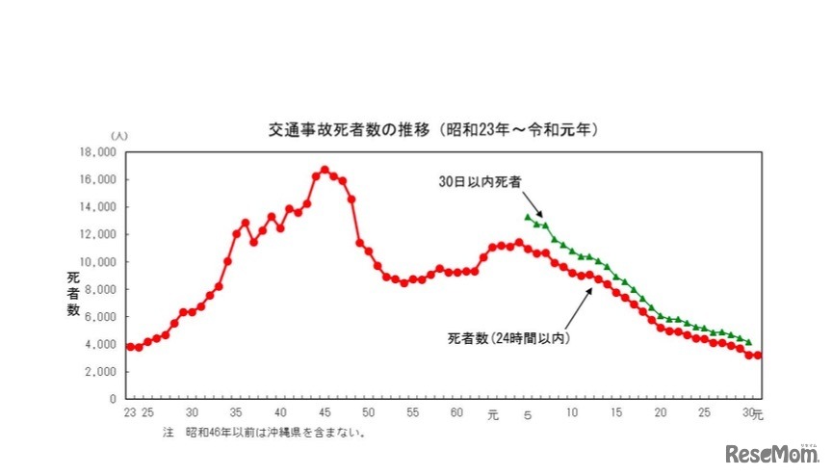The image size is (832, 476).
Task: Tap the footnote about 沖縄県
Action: pos(264,433)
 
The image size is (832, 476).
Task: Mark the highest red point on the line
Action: pos(325,170)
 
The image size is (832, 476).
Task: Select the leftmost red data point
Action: pos(130,346)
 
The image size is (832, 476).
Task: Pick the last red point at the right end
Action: pos(759,355)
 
